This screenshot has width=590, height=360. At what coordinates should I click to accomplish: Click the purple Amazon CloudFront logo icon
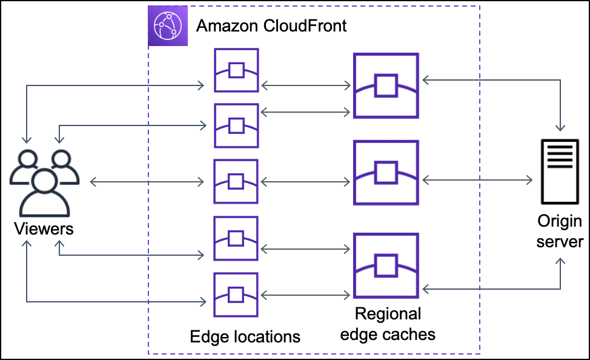167,26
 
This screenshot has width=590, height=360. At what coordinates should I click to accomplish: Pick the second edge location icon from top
236,125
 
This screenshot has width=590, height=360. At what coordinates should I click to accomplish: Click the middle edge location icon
236,181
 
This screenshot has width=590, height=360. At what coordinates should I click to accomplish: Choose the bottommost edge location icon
236,295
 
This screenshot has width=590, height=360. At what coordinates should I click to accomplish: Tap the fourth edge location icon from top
236,238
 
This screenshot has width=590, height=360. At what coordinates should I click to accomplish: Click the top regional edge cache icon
386,85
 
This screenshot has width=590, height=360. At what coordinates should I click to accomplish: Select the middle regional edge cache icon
386,173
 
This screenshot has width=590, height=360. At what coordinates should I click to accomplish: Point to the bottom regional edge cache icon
386,265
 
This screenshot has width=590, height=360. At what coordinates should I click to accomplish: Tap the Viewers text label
44,229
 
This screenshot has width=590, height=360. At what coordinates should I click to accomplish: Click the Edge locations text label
245,336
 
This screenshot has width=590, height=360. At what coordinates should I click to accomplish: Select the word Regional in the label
388,314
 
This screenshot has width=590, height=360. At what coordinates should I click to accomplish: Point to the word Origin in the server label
560,221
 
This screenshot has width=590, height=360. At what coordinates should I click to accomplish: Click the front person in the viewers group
44,191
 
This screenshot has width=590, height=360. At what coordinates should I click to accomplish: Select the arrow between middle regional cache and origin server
477,180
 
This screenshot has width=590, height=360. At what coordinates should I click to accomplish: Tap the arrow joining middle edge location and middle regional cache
305,181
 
